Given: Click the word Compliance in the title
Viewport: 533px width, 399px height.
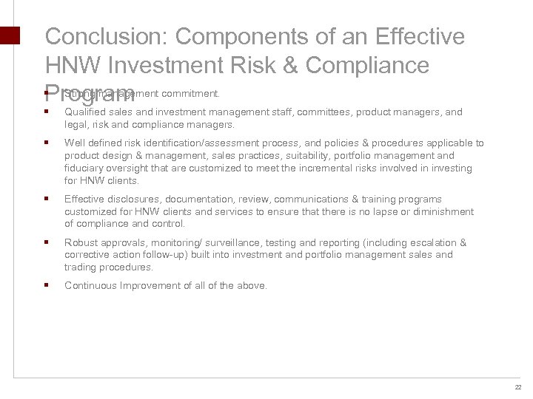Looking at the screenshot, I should (x=367, y=65).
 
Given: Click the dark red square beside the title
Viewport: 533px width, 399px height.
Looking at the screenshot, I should (x=9, y=37).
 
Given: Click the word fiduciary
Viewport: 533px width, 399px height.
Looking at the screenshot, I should (x=84, y=168).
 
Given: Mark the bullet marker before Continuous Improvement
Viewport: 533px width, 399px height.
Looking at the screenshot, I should (x=46, y=285).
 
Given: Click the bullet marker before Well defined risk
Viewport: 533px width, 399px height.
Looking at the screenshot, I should (x=46, y=143).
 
